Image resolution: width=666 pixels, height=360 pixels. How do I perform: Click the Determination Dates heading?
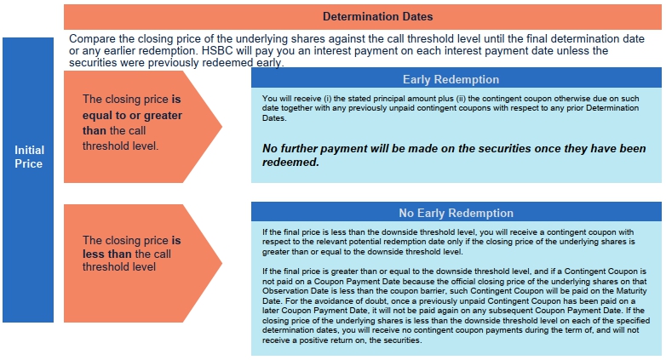coord(377,16)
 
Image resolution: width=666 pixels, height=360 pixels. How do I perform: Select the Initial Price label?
coord(29,157)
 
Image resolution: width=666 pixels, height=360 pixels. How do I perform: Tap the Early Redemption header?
coord(451,79)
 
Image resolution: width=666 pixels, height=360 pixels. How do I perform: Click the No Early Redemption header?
coord(456,213)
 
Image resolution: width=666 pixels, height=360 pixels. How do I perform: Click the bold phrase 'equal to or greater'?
coord(132,115)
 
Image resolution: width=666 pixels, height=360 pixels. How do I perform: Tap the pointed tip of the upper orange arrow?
coord(221,126)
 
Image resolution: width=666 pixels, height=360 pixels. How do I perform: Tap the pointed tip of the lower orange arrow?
coord(221,263)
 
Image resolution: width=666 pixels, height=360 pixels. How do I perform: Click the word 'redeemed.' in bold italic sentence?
coord(290,163)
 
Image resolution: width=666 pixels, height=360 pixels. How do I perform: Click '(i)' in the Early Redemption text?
coord(327,99)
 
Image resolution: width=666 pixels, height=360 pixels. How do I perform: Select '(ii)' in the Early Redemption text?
coord(461,99)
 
